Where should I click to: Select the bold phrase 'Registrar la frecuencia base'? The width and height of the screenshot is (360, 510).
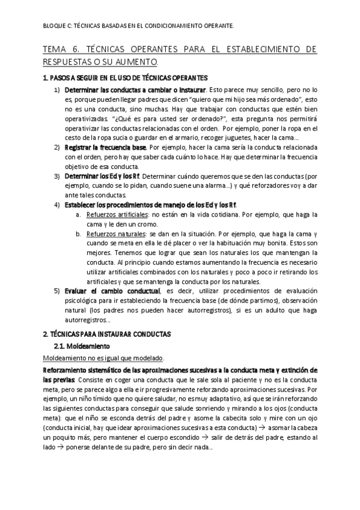point(105,147)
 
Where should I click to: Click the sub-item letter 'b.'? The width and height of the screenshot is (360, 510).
point(79,234)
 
